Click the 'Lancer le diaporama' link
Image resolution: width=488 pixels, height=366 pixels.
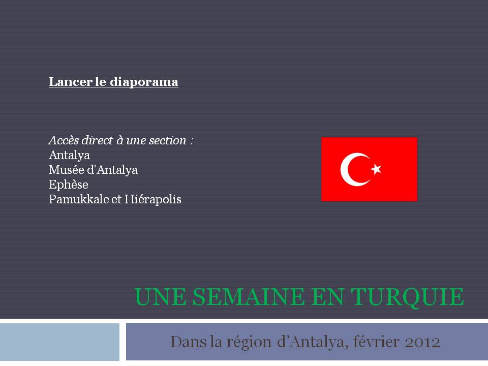pos(113,82)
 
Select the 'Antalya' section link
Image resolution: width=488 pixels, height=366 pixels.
pos(70,155)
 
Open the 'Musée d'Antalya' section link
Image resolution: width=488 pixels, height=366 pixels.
pos(93,170)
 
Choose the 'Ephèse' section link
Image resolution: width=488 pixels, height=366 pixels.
pos(69,185)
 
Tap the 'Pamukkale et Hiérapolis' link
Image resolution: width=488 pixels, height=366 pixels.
pos(115,199)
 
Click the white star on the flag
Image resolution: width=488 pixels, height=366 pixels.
pos(376,169)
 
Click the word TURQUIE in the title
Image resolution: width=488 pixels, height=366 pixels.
pos(407,297)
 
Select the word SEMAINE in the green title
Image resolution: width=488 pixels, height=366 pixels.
pos(249,296)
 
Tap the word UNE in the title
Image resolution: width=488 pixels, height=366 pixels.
pos(160,296)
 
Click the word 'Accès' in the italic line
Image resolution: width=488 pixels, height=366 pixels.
pos(64,140)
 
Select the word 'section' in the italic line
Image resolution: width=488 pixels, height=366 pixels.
pos(167,140)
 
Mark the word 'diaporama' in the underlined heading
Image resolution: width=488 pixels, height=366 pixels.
pos(144,82)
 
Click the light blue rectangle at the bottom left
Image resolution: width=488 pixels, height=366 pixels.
pos(59,342)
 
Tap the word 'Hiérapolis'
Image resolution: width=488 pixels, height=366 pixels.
pos(153,199)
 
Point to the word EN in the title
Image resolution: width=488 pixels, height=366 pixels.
pos(327,296)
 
